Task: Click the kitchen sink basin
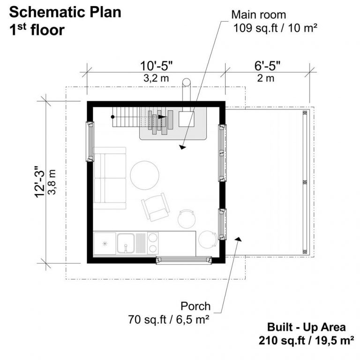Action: click(126, 243)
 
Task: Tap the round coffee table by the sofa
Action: click(145, 175)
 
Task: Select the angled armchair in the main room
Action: click(156, 207)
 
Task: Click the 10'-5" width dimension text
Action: click(156, 66)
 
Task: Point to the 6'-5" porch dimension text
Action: click(267, 66)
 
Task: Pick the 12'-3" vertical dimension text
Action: click(40, 181)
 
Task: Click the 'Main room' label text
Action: click(259, 15)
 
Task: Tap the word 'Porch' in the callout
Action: click(195, 306)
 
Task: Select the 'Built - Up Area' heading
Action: click(306, 327)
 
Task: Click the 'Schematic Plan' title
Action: click(65, 12)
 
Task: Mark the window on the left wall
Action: click(90, 142)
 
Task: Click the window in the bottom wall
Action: click(184, 260)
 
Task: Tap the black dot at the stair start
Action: click(112, 117)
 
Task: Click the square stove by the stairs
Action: click(187, 119)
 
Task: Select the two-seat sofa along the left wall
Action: click(110, 178)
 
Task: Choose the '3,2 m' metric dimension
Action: click(156, 78)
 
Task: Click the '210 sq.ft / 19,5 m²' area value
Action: click(306, 341)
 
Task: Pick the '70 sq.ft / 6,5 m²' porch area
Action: click(169, 319)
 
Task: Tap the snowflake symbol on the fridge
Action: click(105, 244)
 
